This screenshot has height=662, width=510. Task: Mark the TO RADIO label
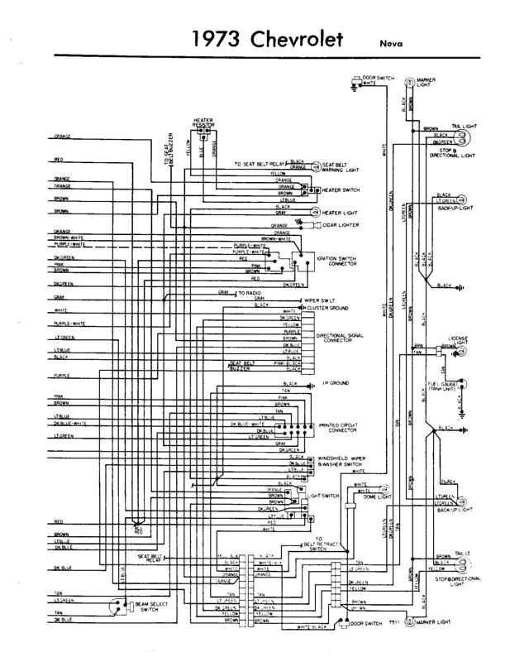251,293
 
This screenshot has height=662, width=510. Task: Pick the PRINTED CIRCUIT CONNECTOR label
337,427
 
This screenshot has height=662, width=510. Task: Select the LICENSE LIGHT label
458,340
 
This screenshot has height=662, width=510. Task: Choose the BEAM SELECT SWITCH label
150,609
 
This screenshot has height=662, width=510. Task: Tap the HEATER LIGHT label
338,212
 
